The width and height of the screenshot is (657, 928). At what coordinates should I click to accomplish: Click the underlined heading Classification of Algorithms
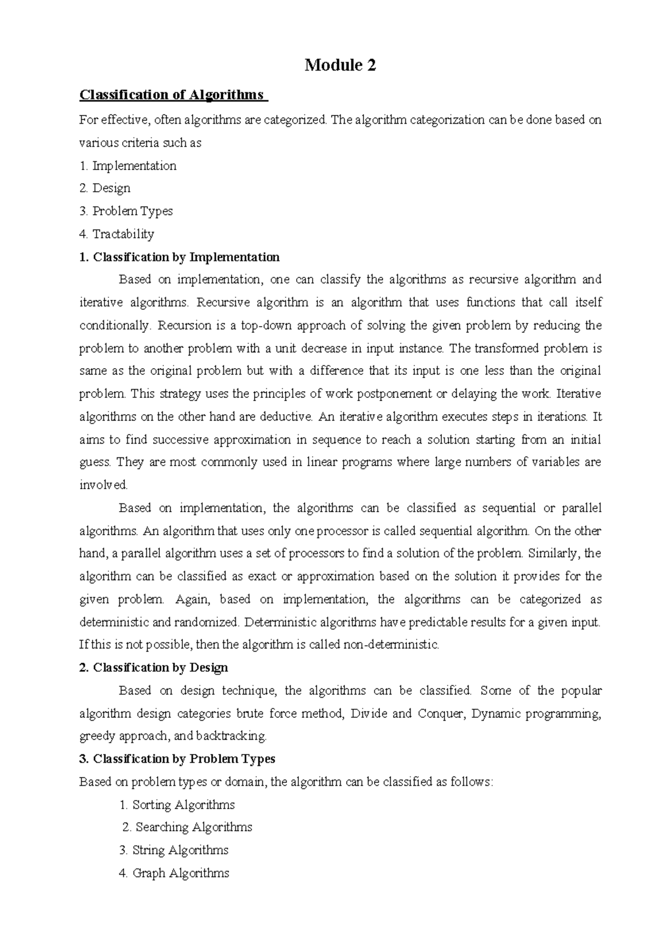point(173,95)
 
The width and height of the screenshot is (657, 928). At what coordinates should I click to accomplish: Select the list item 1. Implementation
point(128,166)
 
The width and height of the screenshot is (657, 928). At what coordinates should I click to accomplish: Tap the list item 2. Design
point(105,188)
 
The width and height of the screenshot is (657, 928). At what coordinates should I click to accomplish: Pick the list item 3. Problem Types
point(126,211)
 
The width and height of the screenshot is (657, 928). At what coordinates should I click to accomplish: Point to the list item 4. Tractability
point(117,234)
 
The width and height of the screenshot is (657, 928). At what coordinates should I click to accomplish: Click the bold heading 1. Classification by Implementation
point(180,257)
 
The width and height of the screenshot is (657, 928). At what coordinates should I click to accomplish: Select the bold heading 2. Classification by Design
point(154,668)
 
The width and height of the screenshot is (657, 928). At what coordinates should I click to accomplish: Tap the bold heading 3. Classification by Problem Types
point(177,759)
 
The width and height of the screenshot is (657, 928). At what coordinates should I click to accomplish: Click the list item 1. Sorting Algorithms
point(177,805)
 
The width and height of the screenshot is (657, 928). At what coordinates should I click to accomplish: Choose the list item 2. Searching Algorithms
point(187,827)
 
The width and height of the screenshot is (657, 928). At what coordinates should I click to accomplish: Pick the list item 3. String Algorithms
point(174,850)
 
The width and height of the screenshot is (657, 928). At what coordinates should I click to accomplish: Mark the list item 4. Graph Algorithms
point(174,873)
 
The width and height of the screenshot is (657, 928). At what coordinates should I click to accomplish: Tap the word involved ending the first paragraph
point(103,485)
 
